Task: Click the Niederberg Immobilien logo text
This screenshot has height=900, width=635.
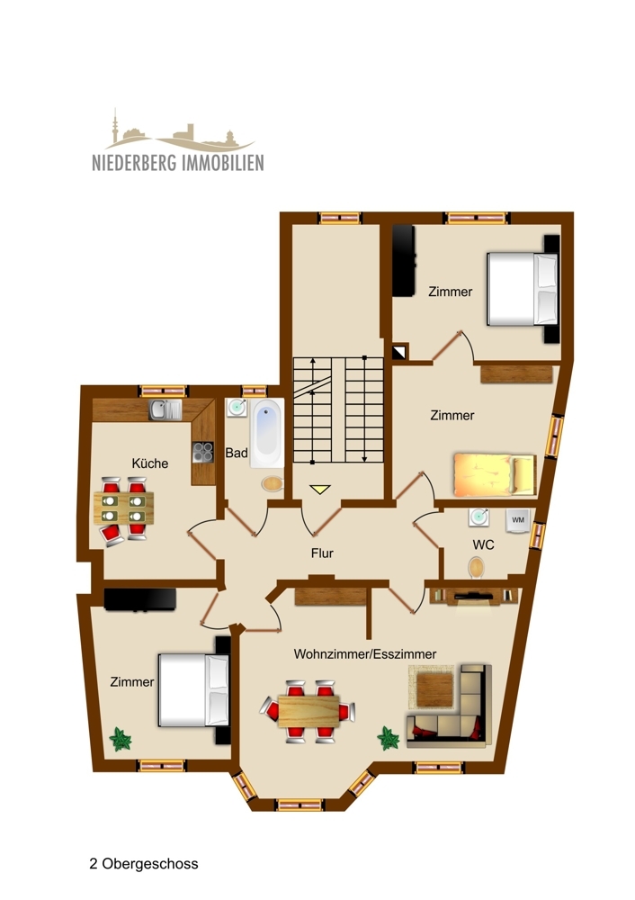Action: click(177, 163)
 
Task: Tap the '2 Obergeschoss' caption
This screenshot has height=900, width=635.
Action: click(144, 864)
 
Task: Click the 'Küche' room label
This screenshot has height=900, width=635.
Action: click(150, 463)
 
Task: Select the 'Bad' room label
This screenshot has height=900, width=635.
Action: click(236, 454)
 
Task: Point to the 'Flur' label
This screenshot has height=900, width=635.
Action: click(321, 553)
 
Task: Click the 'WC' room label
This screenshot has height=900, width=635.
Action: click(484, 545)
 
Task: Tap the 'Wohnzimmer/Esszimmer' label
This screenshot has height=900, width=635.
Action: click(365, 654)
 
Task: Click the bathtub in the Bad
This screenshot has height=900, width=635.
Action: click(267, 435)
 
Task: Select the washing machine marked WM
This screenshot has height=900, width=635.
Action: click(517, 520)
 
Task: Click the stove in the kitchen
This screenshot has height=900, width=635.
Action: click(203, 452)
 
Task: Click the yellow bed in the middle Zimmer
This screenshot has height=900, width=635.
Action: click(494, 474)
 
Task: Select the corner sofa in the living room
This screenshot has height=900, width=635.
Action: click(449, 706)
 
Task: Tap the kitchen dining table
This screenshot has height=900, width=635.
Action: click(123, 508)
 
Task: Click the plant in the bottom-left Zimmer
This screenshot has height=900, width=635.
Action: click(121, 740)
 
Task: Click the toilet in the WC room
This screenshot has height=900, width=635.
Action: click(476, 567)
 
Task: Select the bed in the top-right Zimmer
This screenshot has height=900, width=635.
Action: click(523, 289)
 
